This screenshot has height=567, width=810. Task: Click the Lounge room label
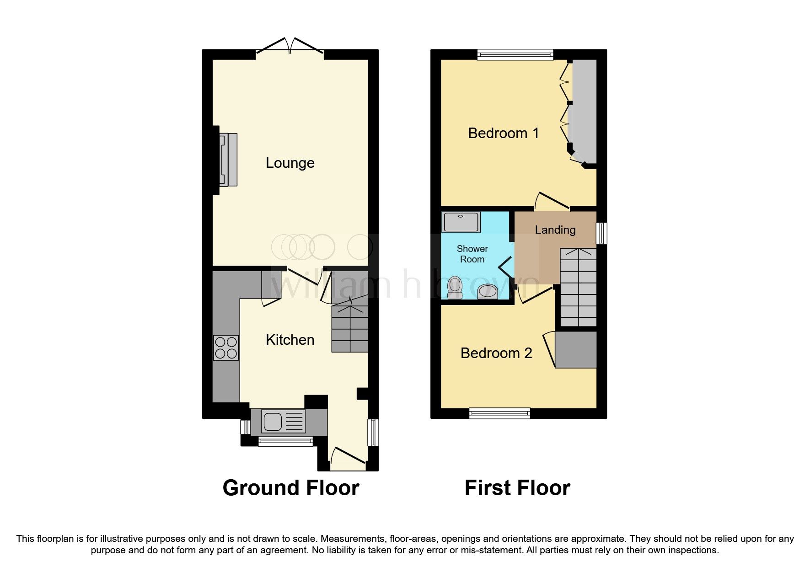pos(290,163)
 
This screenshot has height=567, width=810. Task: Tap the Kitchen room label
pos(290,340)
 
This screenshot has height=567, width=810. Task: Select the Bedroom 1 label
pos(503,133)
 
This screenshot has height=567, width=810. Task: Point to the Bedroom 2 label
pos(496,353)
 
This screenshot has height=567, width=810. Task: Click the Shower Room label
pos(472,254)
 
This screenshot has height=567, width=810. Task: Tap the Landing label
pos(555,230)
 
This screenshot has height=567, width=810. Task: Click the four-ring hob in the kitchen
pos(226,348)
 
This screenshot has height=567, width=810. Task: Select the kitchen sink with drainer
pos(283,421)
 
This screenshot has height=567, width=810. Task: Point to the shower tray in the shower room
pos(461,222)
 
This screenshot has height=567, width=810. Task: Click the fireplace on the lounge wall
pos(227,159)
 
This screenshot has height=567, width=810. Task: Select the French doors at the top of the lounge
pos(290,48)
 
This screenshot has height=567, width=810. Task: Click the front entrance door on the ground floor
pos(348,460)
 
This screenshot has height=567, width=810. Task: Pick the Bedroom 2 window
pos(499,414)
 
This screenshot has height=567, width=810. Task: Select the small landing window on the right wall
pos(602,233)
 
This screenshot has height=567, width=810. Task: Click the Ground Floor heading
pos(291,488)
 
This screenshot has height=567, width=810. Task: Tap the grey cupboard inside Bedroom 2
pos(576,350)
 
